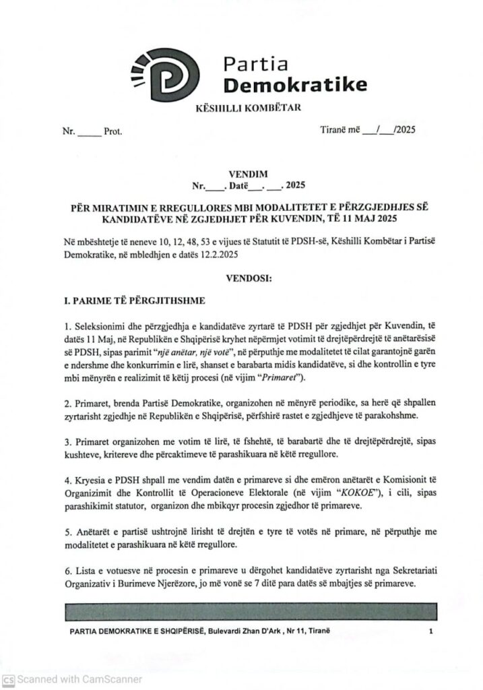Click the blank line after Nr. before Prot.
89,133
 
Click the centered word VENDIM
243,172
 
